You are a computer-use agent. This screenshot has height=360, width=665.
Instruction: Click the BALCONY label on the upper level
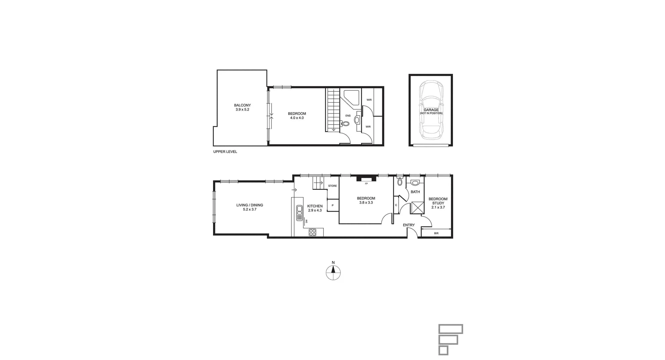[242, 105]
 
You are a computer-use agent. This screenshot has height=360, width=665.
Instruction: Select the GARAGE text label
[431, 110]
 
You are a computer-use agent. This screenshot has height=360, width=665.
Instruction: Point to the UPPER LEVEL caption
[225, 152]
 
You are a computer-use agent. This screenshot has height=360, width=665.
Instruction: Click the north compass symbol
[333, 272]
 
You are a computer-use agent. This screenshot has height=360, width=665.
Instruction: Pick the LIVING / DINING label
[249, 205]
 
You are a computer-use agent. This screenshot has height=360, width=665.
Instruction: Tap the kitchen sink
[300, 213]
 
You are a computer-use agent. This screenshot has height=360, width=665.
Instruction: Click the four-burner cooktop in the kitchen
[312, 232]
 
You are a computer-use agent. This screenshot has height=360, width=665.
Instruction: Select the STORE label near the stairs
[332, 186]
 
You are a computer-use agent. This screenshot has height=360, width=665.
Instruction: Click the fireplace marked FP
[366, 179]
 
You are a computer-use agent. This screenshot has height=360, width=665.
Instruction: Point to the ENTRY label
[409, 225]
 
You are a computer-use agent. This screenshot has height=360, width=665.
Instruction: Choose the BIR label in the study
[436, 234]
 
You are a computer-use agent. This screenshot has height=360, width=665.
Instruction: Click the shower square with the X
[417, 208]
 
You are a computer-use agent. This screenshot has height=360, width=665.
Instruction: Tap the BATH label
[415, 192]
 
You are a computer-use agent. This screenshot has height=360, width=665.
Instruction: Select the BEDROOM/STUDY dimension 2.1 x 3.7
[438, 208]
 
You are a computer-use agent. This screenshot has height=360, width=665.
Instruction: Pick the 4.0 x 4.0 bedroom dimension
[297, 118]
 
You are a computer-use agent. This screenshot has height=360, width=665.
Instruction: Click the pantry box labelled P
[332, 205]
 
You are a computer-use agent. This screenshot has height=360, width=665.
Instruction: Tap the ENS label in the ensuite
[348, 116]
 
